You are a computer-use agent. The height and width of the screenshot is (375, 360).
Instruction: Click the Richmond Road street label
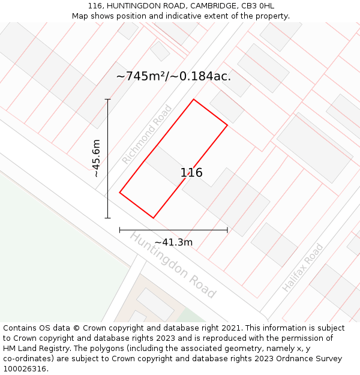(x=147, y=134)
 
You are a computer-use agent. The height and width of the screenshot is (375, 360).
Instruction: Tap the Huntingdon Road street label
(x=173, y=265)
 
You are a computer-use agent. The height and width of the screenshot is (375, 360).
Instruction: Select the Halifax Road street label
(x=303, y=268)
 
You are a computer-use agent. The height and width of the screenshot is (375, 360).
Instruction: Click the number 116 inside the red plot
(x=191, y=173)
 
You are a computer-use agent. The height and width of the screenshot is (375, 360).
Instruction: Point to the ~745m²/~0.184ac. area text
(x=173, y=76)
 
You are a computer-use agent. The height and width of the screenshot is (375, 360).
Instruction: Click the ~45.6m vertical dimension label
(x=96, y=158)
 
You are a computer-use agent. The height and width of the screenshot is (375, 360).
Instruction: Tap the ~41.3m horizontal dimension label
(x=173, y=242)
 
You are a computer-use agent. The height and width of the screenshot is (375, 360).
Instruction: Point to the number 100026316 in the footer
(x=25, y=369)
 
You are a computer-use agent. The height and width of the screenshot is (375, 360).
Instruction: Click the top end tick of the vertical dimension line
(x=108, y=99)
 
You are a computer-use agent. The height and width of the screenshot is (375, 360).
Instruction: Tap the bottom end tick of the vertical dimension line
(x=108, y=218)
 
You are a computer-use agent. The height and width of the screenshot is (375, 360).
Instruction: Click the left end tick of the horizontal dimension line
(x=120, y=229)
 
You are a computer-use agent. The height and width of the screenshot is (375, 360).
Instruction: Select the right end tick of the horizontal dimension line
(x=227, y=229)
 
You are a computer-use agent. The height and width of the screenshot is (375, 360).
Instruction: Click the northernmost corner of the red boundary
(x=193, y=100)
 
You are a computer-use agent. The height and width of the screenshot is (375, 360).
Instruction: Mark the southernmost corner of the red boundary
(x=154, y=218)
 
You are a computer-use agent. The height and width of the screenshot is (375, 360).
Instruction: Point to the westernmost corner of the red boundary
(x=120, y=193)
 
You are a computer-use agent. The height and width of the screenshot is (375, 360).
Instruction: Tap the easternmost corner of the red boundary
(x=227, y=125)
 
